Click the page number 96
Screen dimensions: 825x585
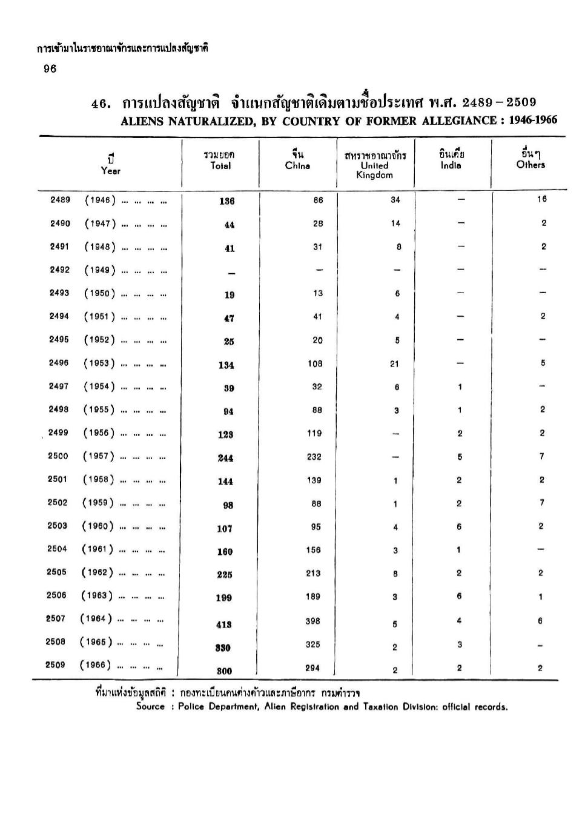(50, 69)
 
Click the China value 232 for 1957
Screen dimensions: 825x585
(314, 457)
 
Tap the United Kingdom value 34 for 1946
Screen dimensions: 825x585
(395, 200)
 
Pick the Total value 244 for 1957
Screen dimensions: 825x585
(225, 458)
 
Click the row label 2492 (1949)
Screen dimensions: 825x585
(85, 270)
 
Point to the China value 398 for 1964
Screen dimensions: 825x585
(313, 621)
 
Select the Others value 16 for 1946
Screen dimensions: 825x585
(541, 199)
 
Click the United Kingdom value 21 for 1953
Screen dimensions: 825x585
(394, 363)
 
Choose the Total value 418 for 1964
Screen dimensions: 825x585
(224, 625)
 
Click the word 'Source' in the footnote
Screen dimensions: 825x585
(150, 706)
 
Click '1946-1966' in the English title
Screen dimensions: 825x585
(533, 120)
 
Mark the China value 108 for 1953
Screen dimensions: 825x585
(314, 363)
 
